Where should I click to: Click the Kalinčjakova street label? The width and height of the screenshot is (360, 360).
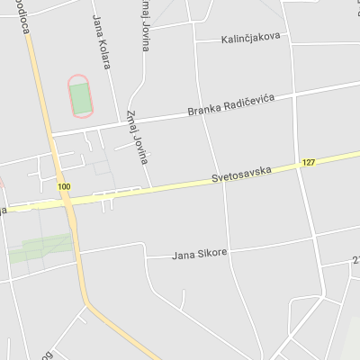tap(250, 37)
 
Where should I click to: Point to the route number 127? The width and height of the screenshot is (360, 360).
tap(309, 163)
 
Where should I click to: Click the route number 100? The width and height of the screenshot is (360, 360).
tap(63, 186)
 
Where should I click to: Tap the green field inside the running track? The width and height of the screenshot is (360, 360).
tap(81, 97)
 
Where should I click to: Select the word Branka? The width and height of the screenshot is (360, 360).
tap(203, 111)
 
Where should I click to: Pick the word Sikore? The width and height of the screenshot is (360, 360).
tap(211, 253)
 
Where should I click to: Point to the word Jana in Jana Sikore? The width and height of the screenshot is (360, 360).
tap(183, 256)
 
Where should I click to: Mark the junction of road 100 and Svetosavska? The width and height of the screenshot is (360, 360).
tap(64, 201)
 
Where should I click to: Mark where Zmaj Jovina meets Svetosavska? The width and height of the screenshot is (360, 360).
tap(151, 187)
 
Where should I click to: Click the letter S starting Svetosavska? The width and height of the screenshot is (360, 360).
tap(215, 179)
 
